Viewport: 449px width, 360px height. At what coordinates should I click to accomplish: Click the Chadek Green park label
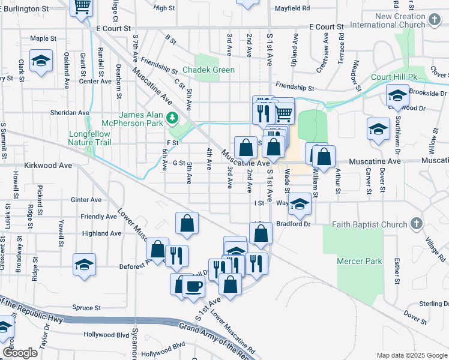coord(208,70)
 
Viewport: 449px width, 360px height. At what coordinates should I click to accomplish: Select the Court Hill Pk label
coord(394,77)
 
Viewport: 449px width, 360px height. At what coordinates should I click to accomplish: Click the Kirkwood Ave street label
coord(47,164)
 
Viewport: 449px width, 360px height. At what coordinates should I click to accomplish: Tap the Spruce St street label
coord(86,308)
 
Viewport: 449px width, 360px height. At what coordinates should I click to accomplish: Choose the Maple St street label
coord(43,38)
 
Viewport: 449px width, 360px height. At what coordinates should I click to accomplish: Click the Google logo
coord(19,353)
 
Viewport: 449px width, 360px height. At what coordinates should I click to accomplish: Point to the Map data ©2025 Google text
coord(411,355)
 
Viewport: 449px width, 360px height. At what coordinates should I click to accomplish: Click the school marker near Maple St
coord(41,62)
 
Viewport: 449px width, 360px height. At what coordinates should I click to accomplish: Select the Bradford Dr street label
coord(293,224)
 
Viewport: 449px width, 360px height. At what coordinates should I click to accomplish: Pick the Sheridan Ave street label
coord(71,112)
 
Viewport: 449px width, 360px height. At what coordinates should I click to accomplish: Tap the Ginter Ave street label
coord(86,200)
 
